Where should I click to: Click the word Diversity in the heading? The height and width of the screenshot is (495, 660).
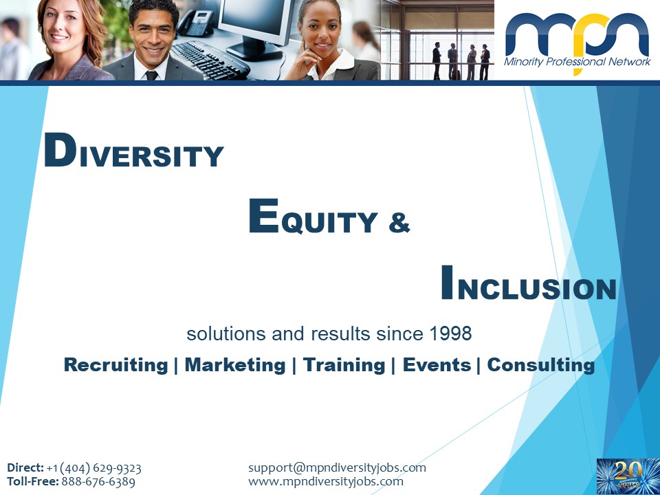pyautogui.click(x=134, y=151)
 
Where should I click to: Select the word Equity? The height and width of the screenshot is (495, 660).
pyautogui.click(x=313, y=217)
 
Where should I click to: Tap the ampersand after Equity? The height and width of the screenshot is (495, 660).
pyautogui.click(x=399, y=223)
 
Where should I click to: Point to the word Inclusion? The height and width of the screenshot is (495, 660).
pyautogui.click(x=529, y=283)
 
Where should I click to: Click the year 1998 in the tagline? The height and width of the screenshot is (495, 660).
pyautogui.click(x=450, y=334)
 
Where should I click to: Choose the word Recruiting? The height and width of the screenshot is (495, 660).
pyautogui.click(x=115, y=365)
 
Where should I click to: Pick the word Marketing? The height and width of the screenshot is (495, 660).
pyautogui.click(x=235, y=364)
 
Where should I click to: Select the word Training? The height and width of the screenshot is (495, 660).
pyautogui.click(x=344, y=365)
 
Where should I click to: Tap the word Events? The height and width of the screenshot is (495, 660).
pyautogui.click(x=437, y=364)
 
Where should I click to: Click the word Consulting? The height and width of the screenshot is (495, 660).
pyautogui.click(x=541, y=365)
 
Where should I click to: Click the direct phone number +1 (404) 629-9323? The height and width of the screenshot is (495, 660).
pyautogui.click(x=94, y=468)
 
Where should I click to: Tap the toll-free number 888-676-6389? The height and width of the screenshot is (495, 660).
pyautogui.click(x=98, y=481)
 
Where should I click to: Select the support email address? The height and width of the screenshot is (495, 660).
pyautogui.click(x=337, y=467)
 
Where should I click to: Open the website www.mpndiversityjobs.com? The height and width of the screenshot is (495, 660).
pyautogui.click(x=326, y=481)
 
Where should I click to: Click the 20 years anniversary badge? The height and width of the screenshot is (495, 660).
pyautogui.click(x=628, y=476)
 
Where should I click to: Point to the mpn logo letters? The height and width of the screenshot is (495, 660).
pyautogui.click(x=577, y=35)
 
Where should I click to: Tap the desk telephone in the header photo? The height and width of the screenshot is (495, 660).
pyautogui.click(x=195, y=23)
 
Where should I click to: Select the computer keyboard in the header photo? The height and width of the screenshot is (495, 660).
pyautogui.click(x=210, y=60)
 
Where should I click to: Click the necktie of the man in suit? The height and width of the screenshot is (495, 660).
pyautogui.click(x=151, y=76)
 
